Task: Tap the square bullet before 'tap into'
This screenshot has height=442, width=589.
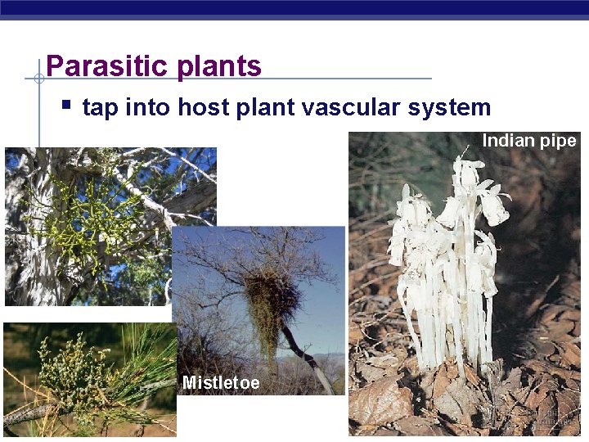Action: click(66, 105)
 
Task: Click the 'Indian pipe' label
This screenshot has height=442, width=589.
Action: click(528, 141)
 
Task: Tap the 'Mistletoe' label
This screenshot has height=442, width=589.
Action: click(221, 382)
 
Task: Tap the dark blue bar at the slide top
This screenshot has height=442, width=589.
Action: click(294, 8)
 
